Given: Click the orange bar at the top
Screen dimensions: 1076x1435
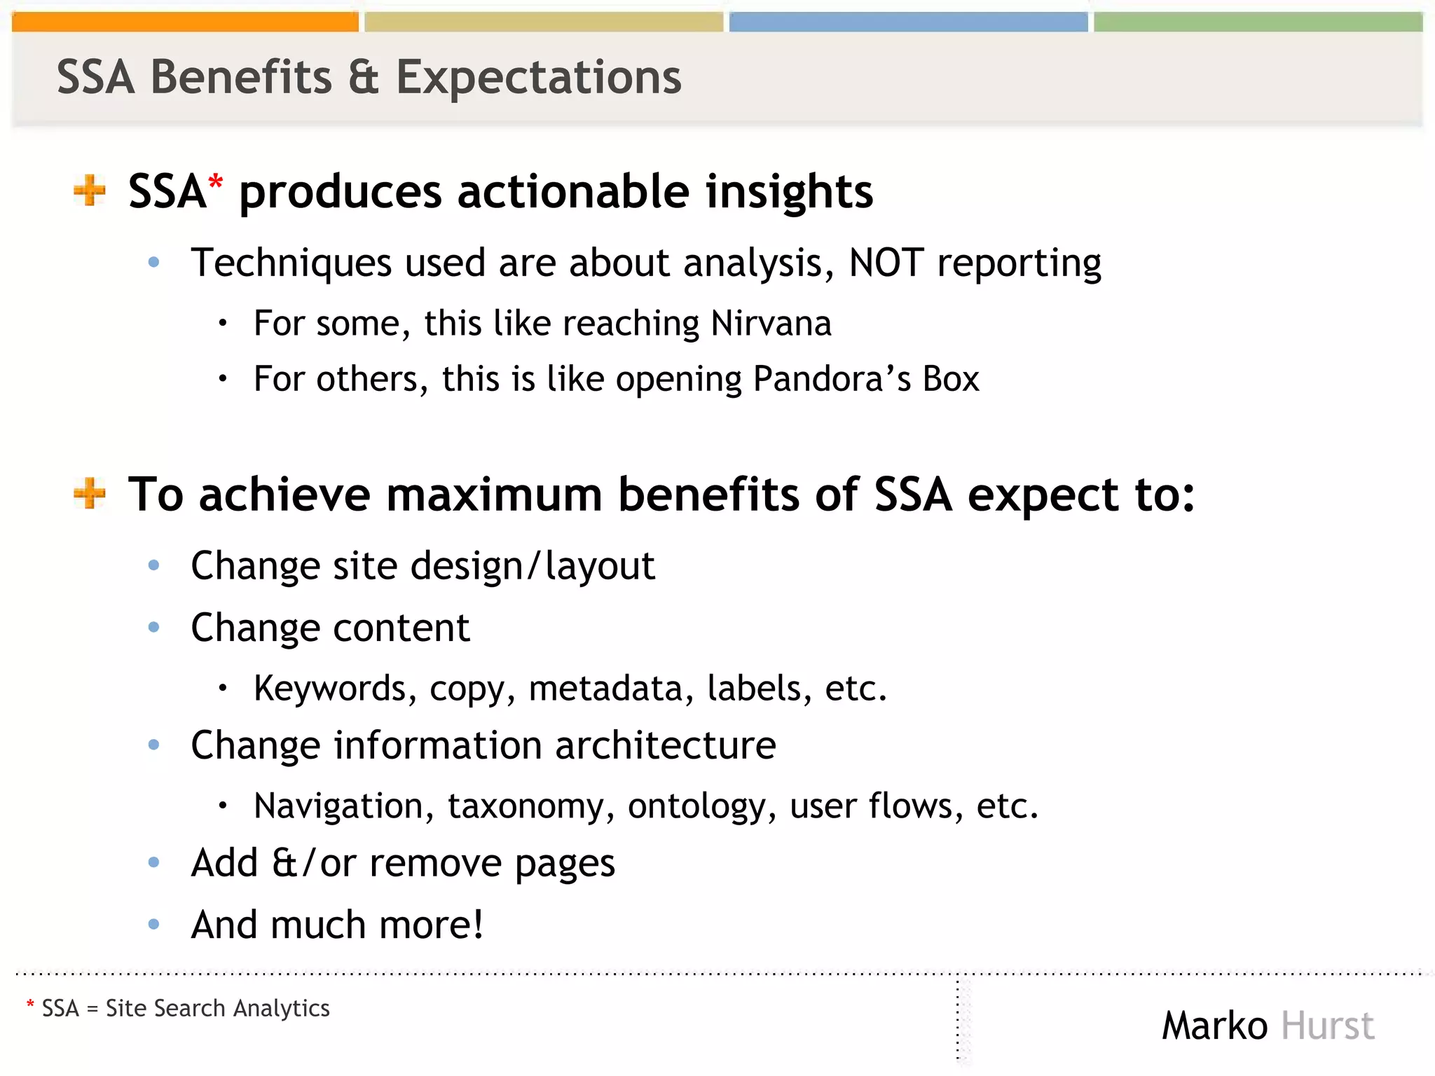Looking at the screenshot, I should pos(185,22).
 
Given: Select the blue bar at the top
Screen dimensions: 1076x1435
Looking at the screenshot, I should pos(908,22).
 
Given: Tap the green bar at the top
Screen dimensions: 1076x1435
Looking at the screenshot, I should pos(1258,22).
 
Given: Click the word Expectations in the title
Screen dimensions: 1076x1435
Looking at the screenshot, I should pos(538,77).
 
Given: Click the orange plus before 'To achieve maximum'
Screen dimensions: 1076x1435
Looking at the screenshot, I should pos(90,493).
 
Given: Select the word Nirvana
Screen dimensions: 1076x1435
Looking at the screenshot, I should pos(771,324).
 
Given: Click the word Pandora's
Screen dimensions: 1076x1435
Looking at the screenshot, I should pos(832,379).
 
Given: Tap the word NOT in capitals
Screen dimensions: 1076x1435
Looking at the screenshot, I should pos(886,263).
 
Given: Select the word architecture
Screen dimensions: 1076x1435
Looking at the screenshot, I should pos(666,745).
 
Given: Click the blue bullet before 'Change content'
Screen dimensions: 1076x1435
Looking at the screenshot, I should pos(154,627).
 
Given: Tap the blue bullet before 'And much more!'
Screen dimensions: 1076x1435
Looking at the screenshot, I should pos(154,924).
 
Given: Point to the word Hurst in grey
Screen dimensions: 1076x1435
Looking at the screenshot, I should pos(1327,1026).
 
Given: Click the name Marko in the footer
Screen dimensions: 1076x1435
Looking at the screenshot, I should pos(1214,1026).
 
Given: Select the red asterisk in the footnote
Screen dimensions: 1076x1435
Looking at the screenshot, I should pos(30,1005).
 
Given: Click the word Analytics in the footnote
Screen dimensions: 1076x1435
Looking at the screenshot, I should pos(281,1008).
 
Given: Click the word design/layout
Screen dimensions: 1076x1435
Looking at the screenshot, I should pos(533,566).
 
